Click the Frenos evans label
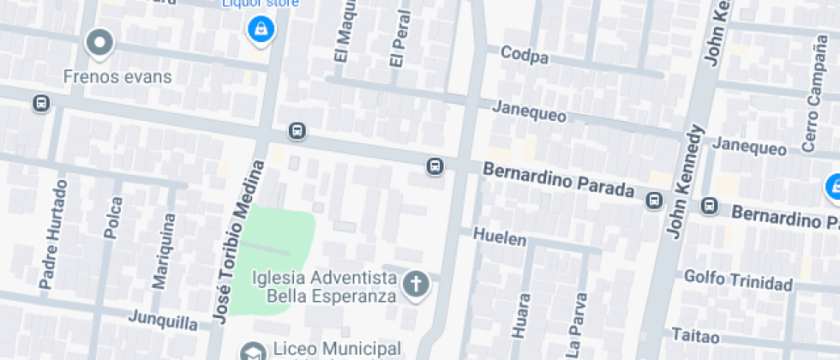[117, 76]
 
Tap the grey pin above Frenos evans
[100, 42]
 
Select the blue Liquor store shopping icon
[259, 31]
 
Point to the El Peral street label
[396, 40]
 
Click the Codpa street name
[525, 57]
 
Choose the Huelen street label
[500, 237]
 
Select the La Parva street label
[580, 319]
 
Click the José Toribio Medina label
[234, 242]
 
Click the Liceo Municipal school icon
[252, 351]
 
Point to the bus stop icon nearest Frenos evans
[40, 104]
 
